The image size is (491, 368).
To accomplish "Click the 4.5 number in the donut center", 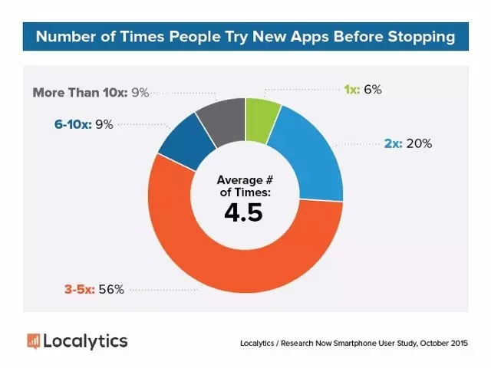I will pyautogui.click(x=244, y=212).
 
